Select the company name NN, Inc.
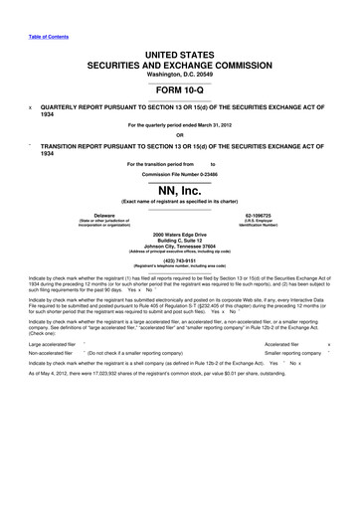pyautogui.click(x=179, y=190)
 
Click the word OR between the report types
pyautogui.click(x=179, y=135)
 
